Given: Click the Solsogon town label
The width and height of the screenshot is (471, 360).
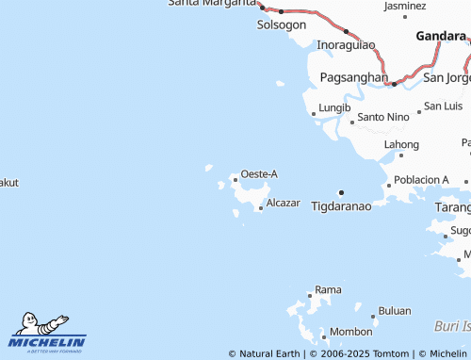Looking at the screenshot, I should point(282,25).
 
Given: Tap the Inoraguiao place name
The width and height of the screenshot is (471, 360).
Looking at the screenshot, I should point(346,44).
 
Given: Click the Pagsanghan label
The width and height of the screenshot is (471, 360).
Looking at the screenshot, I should point(353,76).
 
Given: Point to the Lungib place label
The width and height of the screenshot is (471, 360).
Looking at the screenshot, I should point(334,108).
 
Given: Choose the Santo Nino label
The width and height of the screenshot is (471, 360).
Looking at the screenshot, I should point(383,117).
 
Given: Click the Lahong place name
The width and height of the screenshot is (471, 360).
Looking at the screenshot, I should point(401,144).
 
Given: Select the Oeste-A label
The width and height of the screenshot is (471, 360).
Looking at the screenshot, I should point(259,173).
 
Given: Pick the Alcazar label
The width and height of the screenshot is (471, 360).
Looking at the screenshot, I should point(283,203).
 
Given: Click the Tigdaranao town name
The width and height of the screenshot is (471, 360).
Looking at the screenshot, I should point(341,205).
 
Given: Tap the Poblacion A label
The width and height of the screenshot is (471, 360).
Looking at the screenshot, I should point(421,179).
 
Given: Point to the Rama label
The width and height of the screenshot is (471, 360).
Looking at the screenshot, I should point(328,288).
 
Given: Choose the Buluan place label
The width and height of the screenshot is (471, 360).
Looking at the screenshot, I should point(395,310).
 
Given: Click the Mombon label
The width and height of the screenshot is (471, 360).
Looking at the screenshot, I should point(350,332).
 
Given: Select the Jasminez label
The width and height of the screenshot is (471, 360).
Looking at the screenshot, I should point(405,6).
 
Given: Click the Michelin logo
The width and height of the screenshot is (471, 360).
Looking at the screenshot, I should point(48,332).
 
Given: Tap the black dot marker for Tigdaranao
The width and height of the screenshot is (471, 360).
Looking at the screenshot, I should point(341,192).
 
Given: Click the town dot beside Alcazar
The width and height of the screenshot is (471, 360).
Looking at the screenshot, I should point(261,208).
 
